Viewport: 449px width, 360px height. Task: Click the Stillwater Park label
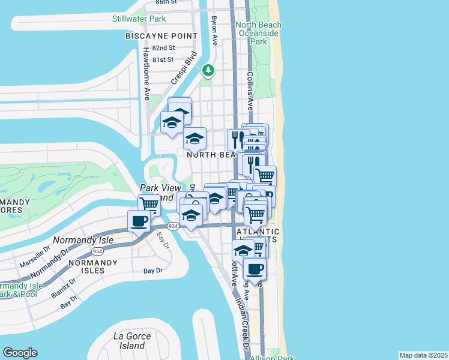pyautogui.click(x=139, y=19)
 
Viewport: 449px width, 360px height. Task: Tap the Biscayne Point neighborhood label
pyautogui.click(x=161, y=37)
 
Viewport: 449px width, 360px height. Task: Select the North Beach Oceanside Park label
pyautogui.click(x=259, y=34)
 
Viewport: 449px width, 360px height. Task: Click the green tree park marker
pyautogui.click(x=208, y=71)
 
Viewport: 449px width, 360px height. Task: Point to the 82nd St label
pyautogui.click(x=163, y=48)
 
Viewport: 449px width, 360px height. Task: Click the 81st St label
pyautogui.click(x=163, y=59)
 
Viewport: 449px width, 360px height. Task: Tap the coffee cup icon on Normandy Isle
pyautogui.click(x=139, y=221)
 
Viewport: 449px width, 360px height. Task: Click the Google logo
pyautogui.click(x=20, y=353)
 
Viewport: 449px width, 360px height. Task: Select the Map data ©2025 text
pyautogui.click(x=423, y=355)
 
